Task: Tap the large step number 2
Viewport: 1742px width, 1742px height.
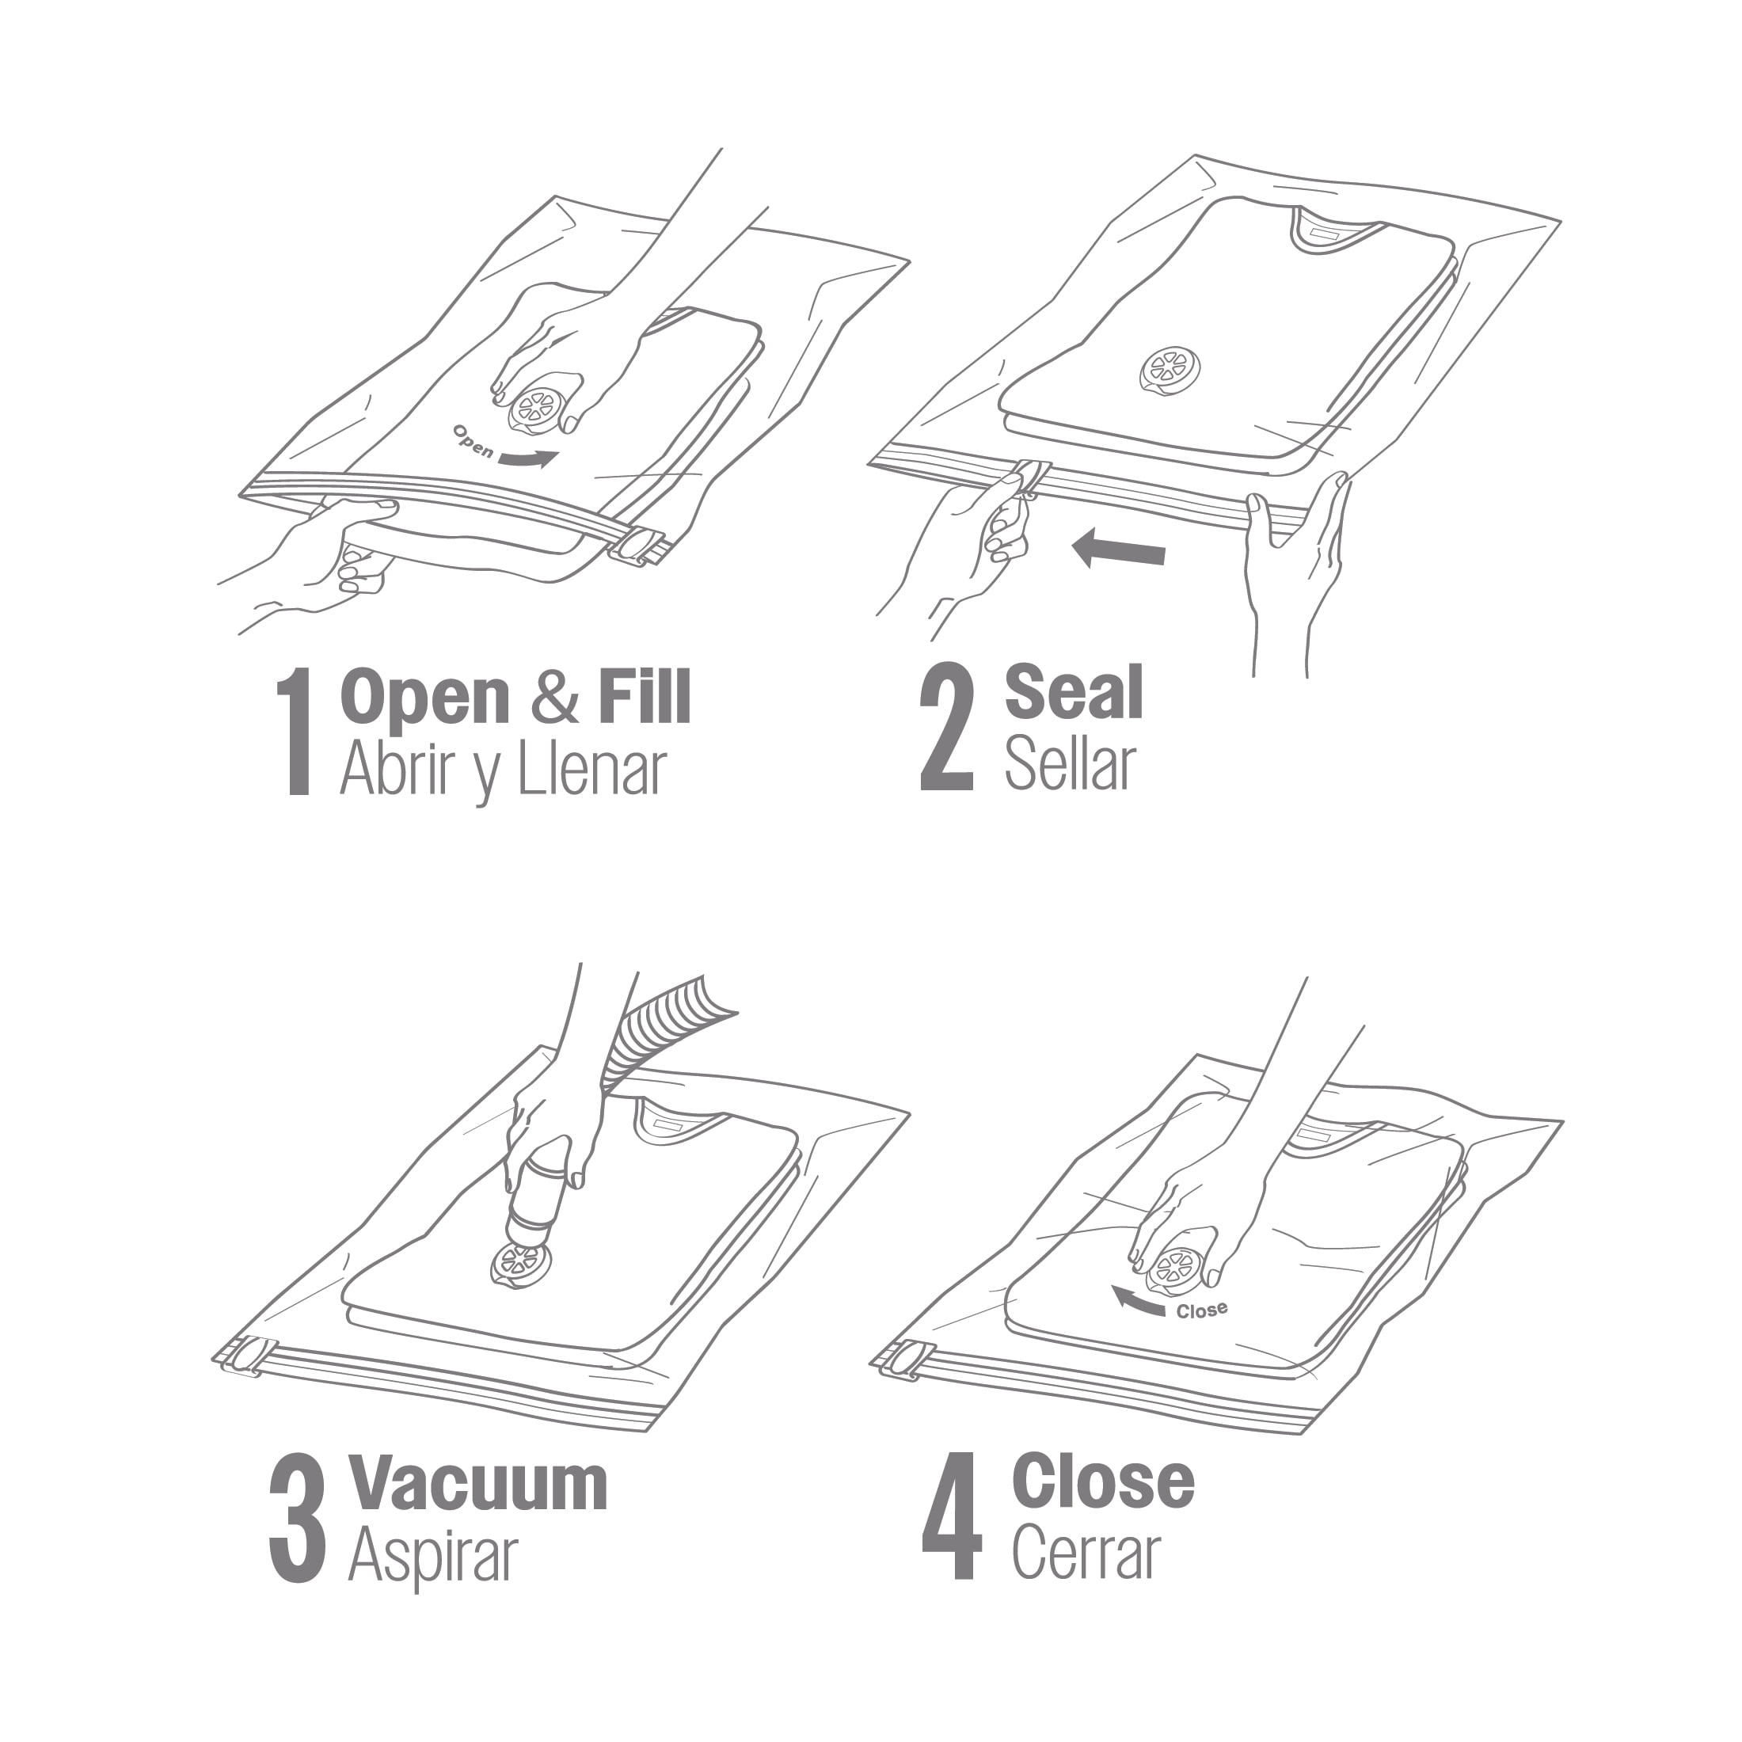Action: point(946,727)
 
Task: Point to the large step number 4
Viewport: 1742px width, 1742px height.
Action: point(951,1516)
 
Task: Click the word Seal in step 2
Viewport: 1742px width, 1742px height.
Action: point(1074,693)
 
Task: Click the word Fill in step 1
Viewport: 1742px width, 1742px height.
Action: point(645,696)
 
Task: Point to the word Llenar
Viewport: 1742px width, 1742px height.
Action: point(591,769)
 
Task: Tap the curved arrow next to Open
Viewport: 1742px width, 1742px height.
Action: point(527,459)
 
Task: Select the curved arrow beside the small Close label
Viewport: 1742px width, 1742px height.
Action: point(1137,1302)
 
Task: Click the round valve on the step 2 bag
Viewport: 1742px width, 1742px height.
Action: point(1170,371)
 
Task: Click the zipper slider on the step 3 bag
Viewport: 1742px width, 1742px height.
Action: point(248,1357)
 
